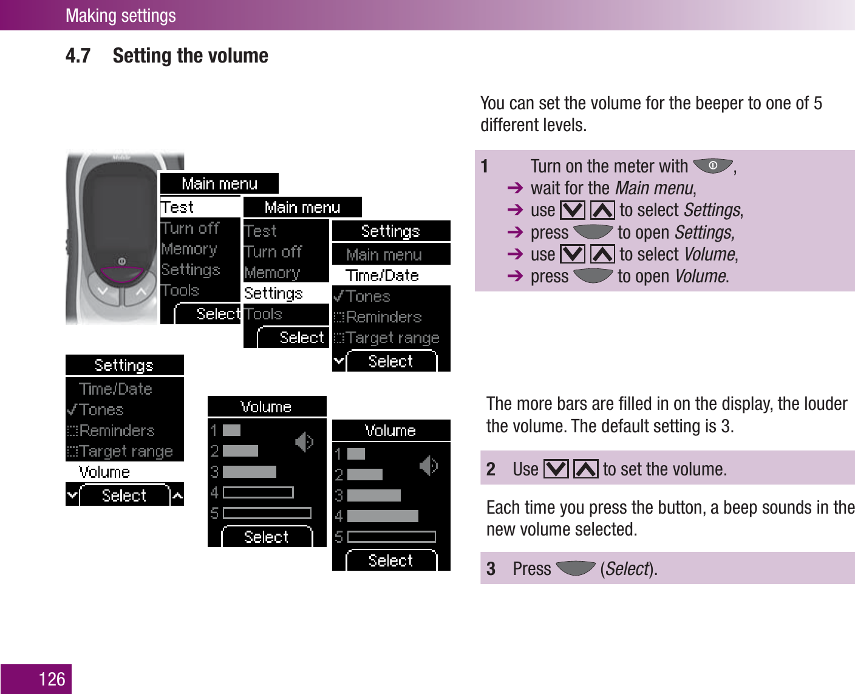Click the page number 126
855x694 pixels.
pos(52,679)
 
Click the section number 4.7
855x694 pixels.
pos(78,56)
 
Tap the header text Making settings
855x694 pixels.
pos(120,15)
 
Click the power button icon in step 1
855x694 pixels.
pos(713,165)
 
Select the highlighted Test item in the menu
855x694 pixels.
pos(177,207)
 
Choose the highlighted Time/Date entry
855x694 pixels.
pos(382,276)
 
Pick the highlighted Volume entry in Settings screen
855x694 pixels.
pos(104,472)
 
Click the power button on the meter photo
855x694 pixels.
pos(121,261)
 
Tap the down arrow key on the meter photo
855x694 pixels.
pos(104,291)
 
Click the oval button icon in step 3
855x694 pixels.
pos(575,568)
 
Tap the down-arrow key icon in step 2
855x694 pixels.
pos(556,469)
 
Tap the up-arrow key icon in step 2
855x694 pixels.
pos(585,469)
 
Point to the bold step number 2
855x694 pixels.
pos(491,469)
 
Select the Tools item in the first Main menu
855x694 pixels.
pos(181,290)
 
